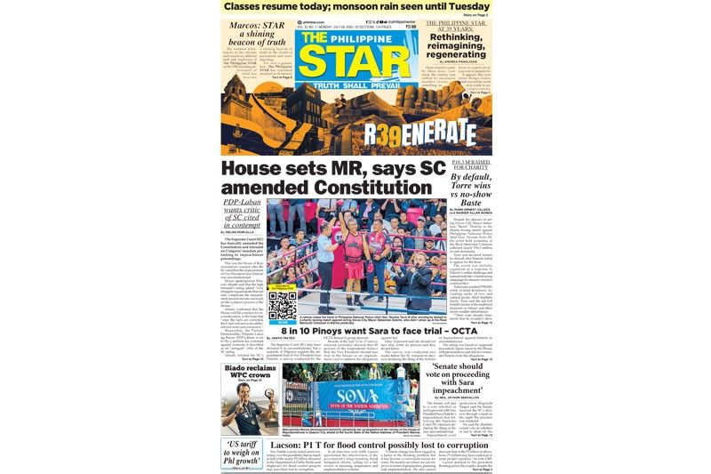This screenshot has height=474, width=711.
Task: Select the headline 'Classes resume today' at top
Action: point(293,7)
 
